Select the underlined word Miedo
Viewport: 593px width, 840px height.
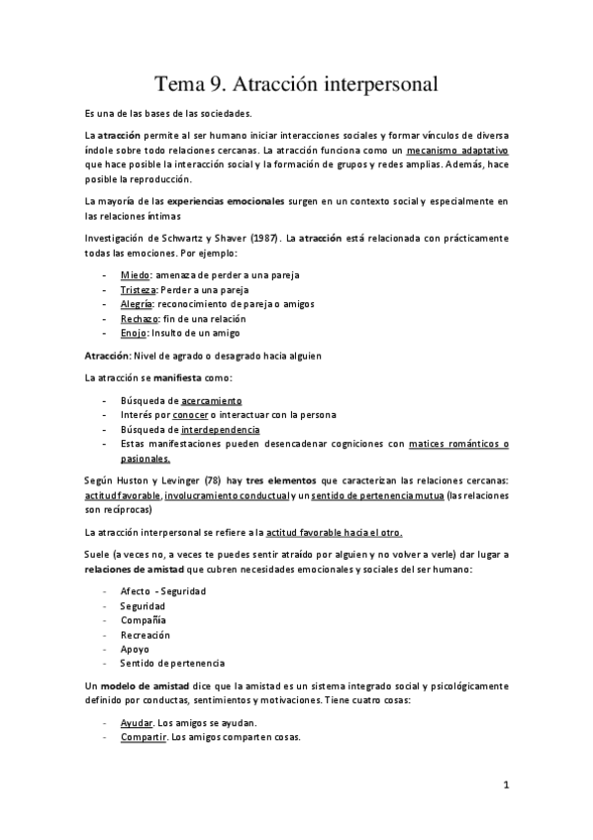pyautogui.click(x=136, y=273)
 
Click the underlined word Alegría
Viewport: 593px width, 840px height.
pyautogui.click(x=138, y=304)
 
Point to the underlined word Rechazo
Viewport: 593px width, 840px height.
pyautogui.click(x=140, y=319)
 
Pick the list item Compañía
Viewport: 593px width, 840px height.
pyautogui.click(x=144, y=619)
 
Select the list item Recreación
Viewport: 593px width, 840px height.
pyautogui.click(x=146, y=634)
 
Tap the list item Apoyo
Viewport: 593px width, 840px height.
pyautogui.click(x=135, y=649)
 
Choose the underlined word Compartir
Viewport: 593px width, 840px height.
pyautogui.click(x=142, y=738)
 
